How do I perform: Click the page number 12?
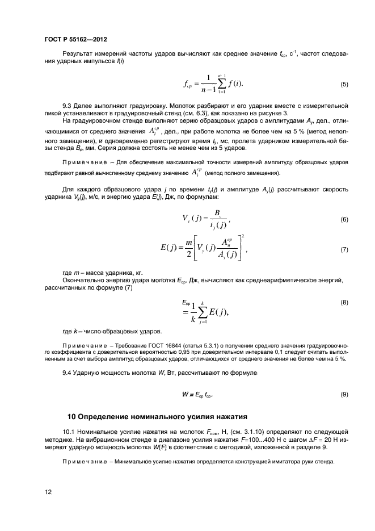pos(48,492)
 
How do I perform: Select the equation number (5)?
pos(344,85)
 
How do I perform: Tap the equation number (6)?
pos(344,219)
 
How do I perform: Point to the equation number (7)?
pos(344,249)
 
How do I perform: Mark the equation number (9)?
pos(344,394)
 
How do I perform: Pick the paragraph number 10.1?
pos(69,433)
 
